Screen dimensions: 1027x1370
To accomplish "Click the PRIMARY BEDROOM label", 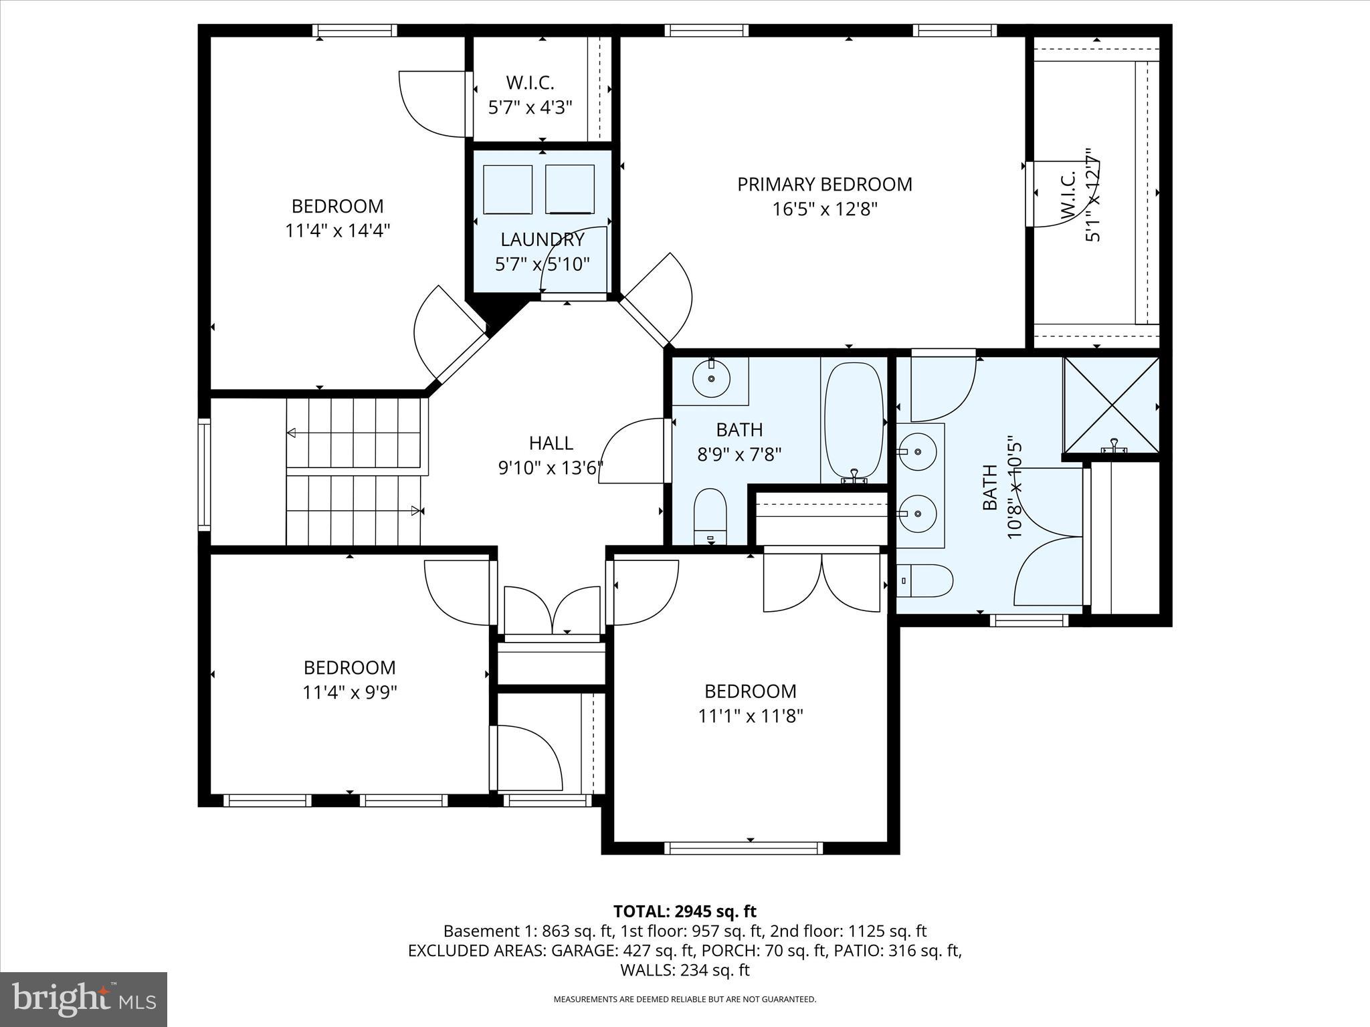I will tap(824, 185).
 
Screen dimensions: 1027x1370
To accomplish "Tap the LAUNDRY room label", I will tap(543, 239).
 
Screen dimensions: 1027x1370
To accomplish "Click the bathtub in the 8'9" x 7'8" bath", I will tap(854, 421).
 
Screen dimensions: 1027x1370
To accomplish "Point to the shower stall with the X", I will tap(1111, 405).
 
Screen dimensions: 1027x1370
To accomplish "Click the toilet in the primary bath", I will tap(924, 580).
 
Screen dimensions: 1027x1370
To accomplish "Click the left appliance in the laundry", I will tap(507, 189).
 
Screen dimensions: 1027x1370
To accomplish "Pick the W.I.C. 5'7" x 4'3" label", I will tap(530, 95).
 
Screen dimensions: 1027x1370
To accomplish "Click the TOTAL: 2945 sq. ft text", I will tap(684, 911).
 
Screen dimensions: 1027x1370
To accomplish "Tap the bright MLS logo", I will tap(84, 999).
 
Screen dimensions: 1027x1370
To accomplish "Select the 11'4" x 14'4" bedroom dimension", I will tap(337, 231).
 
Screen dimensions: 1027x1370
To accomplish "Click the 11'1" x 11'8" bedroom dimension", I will tap(750, 716).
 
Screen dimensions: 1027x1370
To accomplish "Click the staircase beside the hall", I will tap(355, 471).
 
